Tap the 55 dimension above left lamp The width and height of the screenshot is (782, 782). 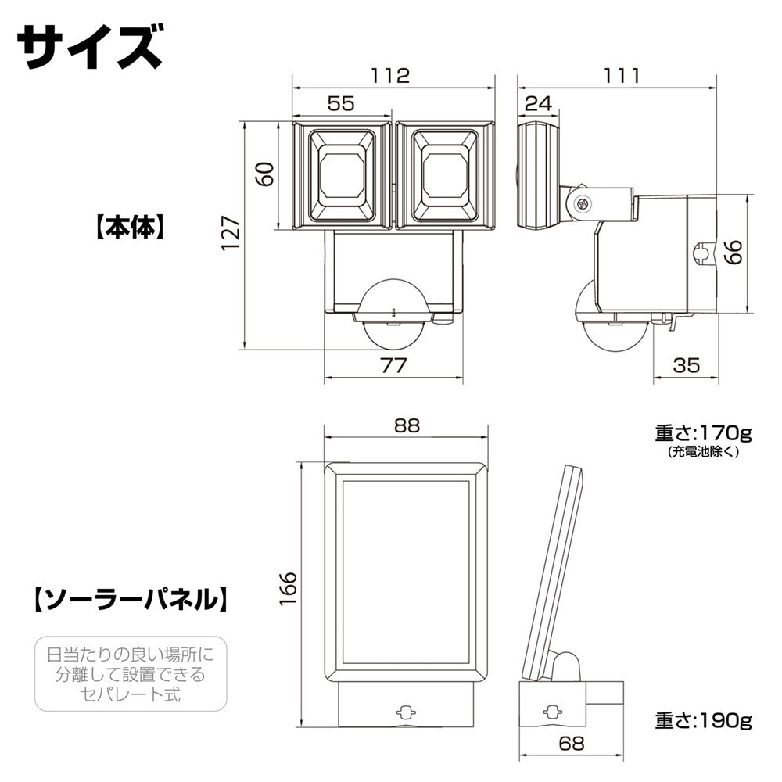340,103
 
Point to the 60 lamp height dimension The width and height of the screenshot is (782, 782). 267,174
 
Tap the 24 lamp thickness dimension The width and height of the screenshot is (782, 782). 538,103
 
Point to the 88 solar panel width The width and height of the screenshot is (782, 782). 407,425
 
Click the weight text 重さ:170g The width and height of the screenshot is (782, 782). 702,432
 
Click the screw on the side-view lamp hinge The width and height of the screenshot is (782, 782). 582,203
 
